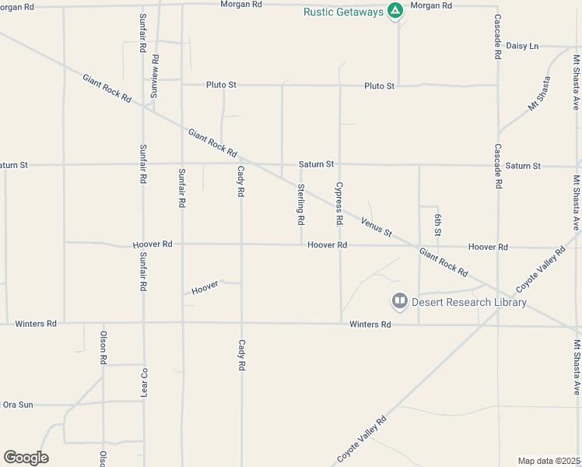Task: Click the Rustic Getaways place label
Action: click(343, 12)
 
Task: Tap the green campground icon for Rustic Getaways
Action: click(395, 11)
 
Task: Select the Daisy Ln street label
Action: click(522, 46)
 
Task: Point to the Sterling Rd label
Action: click(300, 204)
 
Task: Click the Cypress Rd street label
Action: click(339, 204)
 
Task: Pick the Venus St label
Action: click(377, 228)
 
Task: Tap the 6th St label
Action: click(439, 224)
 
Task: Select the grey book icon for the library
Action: click(399, 300)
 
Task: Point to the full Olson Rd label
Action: click(103, 348)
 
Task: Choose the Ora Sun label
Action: click(19, 405)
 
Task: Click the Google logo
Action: click(26, 458)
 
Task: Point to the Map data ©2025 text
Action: click(549, 461)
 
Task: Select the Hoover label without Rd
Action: click(205, 288)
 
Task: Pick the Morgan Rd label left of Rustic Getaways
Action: click(241, 5)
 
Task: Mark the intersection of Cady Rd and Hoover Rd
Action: click(241, 244)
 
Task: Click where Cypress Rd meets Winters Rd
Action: click(340, 323)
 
